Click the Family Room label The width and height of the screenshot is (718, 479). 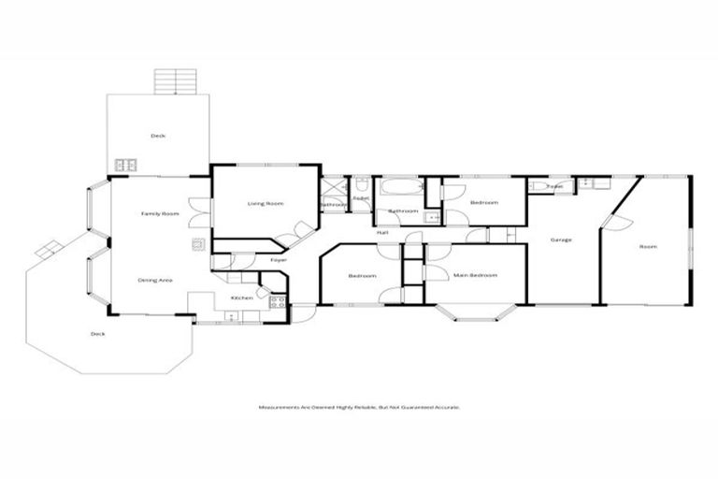(160, 214)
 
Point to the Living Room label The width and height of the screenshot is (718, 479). (265, 203)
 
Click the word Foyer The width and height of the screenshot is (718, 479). (278, 259)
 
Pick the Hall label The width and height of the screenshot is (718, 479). (382, 233)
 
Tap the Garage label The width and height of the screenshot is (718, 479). (561, 240)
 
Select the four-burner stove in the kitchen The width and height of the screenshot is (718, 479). (278, 302)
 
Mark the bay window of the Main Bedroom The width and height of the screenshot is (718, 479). (476, 312)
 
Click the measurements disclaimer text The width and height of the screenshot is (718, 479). (359, 407)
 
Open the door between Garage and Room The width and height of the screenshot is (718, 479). (618, 223)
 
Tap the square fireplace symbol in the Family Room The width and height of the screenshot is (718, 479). (198, 245)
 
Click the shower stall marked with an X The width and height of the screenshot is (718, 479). (333, 188)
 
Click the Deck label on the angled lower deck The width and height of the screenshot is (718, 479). (97, 334)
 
